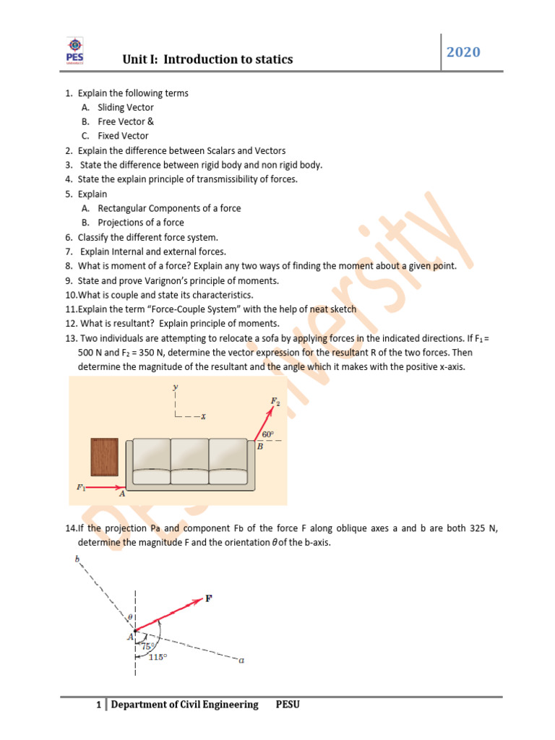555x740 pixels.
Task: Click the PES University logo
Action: click(x=74, y=51)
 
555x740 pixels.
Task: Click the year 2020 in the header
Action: click(x=464, y=52)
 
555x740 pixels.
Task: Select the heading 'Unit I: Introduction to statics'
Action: click(x=208, y=59)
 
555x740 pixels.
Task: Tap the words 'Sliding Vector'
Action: click(x=126, y=107)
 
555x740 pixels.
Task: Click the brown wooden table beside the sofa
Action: click(x=104, y=462)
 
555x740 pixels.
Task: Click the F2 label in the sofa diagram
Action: click(x=275, y=400)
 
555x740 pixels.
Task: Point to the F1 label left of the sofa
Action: click(x=82, y=487)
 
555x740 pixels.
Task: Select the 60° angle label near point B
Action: click(x=267, y=434)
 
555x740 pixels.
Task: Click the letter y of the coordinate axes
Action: click(x=175, y=388)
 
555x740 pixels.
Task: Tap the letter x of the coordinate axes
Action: click(x=205, y=416)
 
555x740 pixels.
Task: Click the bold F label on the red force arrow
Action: click(x=210, y=598)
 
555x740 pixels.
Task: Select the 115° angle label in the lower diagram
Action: click(x=157, y=657)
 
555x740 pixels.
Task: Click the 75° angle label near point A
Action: click(x=149, y=647)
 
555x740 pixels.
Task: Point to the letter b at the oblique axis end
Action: click(x=77, y=558)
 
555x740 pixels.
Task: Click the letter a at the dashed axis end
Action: click(x=241, y=659)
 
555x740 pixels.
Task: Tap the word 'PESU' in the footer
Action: click(x=288, y=705)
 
